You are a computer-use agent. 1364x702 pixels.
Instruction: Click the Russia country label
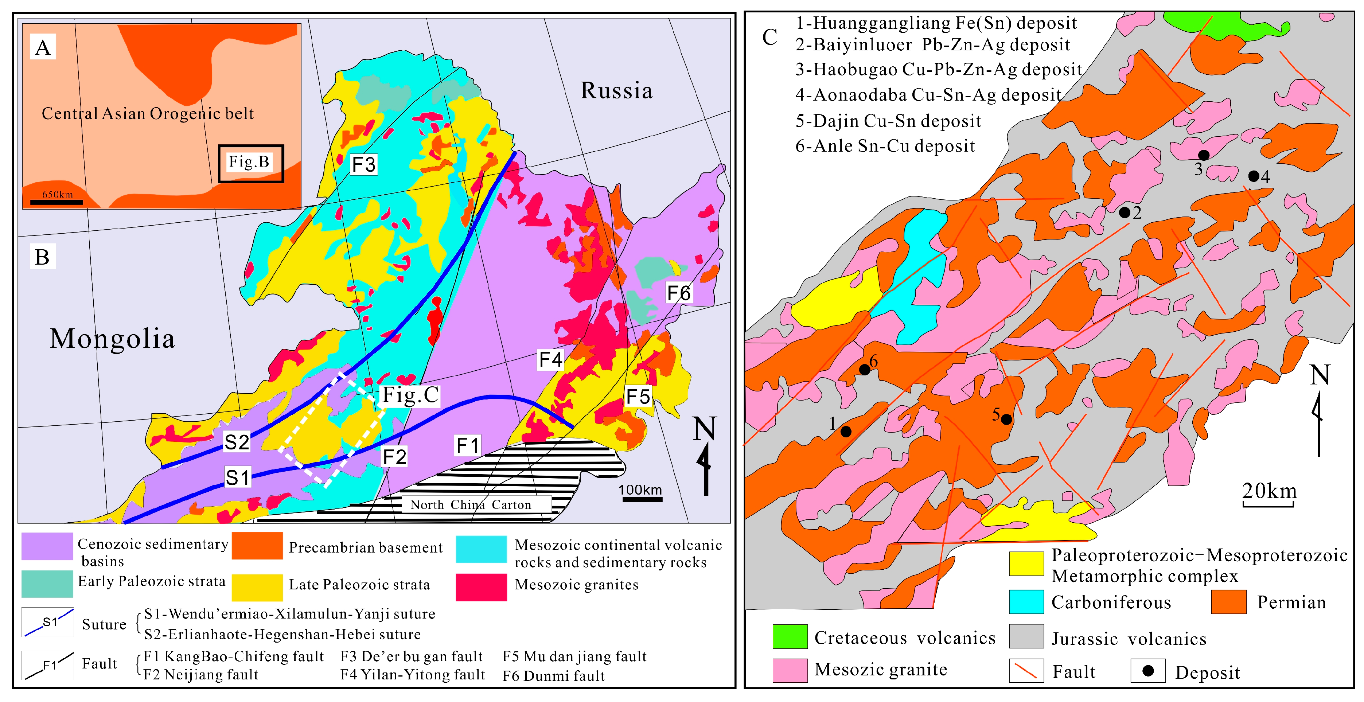(616, 90)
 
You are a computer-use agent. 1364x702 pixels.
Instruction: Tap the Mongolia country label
(112, 339)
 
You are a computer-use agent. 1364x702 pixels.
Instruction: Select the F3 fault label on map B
(363, 165)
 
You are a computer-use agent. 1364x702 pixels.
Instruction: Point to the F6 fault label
(678, 293)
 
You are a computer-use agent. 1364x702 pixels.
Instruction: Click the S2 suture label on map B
(236, 442)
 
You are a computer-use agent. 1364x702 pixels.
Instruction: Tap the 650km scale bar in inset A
(56, 202)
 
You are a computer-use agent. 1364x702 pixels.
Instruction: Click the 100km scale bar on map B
(641, 499)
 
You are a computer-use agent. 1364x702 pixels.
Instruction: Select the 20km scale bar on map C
(1269, 504)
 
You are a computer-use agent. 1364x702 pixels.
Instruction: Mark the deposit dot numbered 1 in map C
(846, 432)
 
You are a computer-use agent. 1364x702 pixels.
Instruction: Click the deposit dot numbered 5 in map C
(1006, 419)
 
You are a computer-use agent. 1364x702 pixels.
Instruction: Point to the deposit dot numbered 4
(1253, 176)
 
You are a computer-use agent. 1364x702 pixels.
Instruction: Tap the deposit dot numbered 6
(864, 370)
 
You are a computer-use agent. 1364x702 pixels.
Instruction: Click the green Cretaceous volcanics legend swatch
(790, 637)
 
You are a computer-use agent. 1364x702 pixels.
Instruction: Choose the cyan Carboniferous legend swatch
(1026, 602)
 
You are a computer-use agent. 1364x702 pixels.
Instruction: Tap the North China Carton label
(470, 504)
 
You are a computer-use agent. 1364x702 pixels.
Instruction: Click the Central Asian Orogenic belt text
(148, 114)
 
